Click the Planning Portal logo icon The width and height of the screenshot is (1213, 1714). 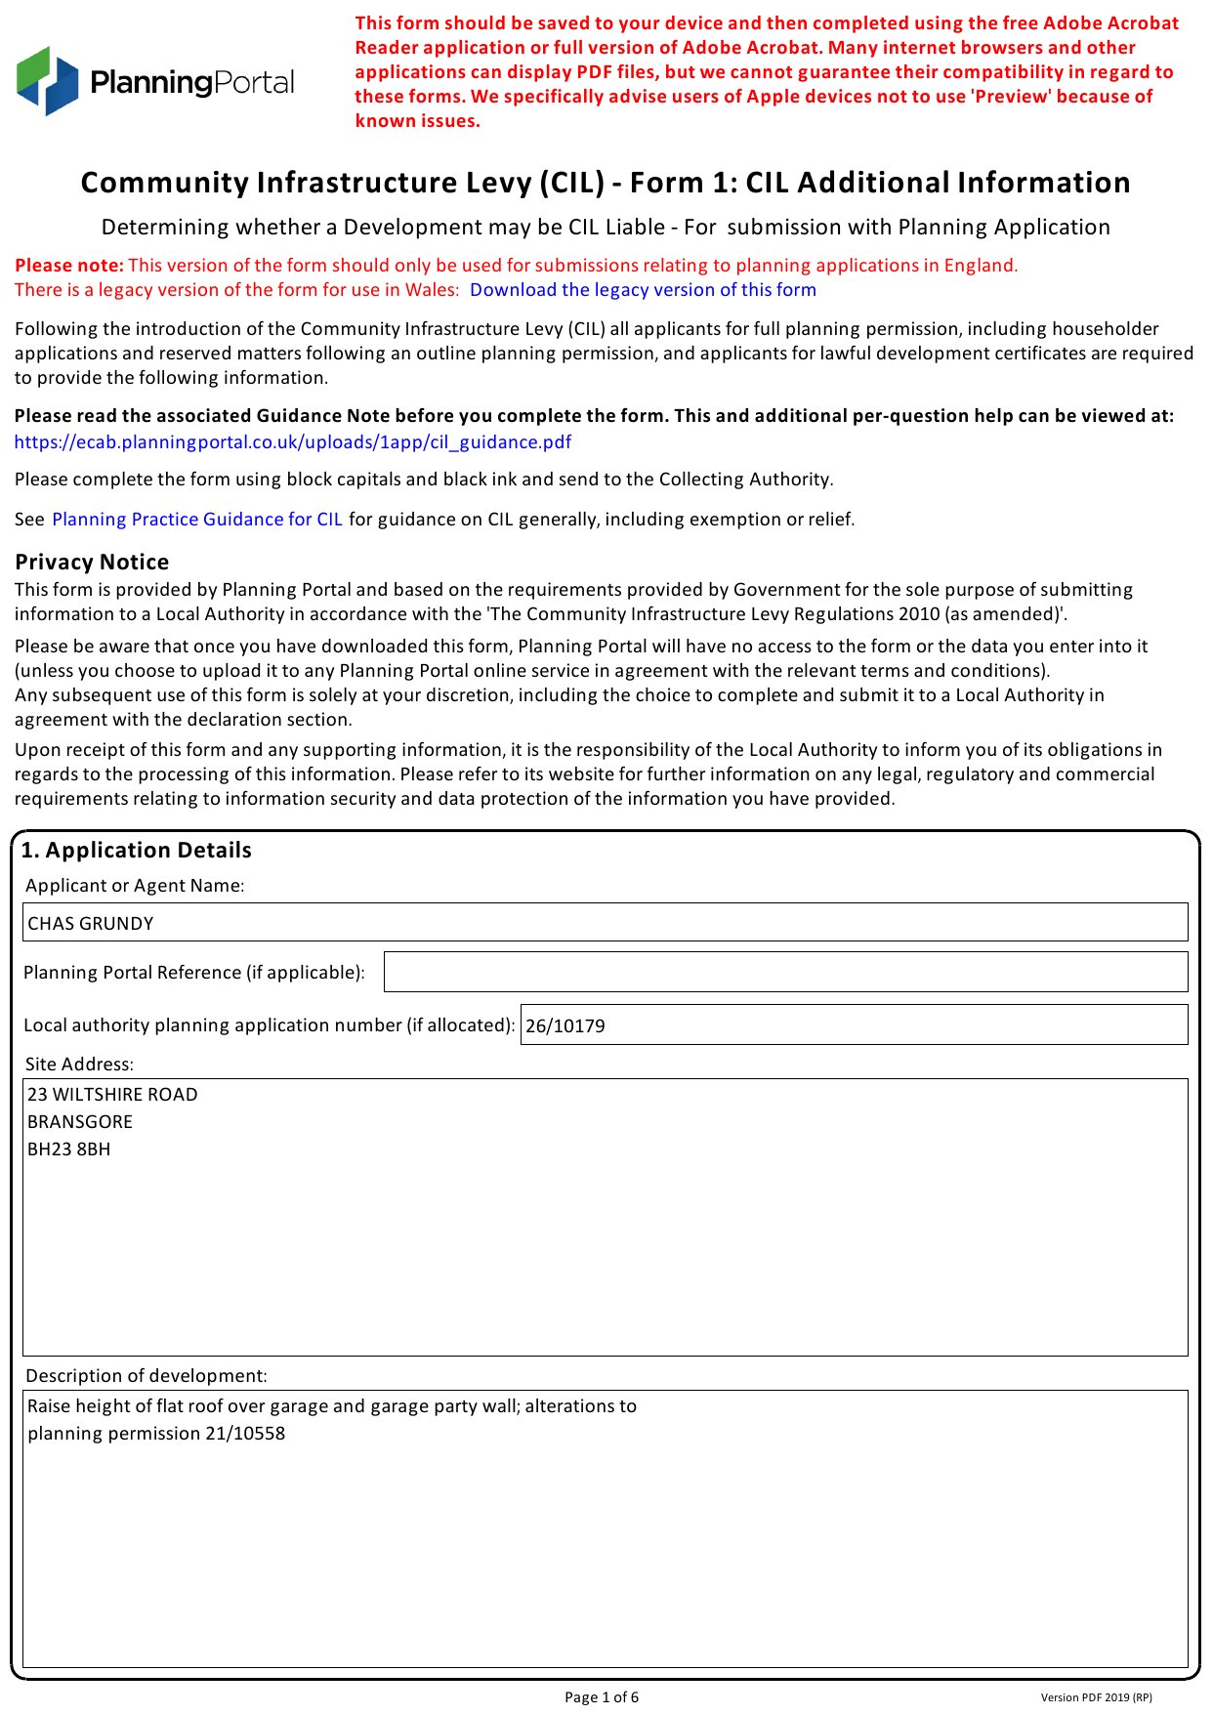click(47, 81)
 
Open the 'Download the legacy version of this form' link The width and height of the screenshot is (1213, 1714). click(643, 290)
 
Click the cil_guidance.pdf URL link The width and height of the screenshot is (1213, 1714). click(293, 442)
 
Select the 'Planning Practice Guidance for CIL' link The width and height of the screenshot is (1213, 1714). click(197, 520)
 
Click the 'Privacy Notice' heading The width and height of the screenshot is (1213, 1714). click(92, 563)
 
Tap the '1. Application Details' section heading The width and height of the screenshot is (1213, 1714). click(137, 851)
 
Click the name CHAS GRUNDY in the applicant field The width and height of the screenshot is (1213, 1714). click(91, 924)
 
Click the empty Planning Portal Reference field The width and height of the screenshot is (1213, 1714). click(785, 973)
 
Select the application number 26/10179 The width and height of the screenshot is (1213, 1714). click(565, 1026)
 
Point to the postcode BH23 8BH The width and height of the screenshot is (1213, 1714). click(69, 1150)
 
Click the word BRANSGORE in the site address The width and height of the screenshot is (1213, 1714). click(80, 1122)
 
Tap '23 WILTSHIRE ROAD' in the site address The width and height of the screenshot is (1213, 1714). click(112, 1095)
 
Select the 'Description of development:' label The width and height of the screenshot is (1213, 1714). click(146, 1376)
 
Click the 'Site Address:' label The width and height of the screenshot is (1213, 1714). click(79, 1065)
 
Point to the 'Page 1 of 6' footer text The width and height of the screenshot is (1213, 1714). click(602, 1697)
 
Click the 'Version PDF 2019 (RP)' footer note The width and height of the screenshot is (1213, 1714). click(1096, 1697)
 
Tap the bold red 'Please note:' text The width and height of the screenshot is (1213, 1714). click(69, 266)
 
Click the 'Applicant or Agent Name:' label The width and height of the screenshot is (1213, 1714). click(135, 886)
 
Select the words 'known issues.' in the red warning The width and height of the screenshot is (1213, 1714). click(418, 121)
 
